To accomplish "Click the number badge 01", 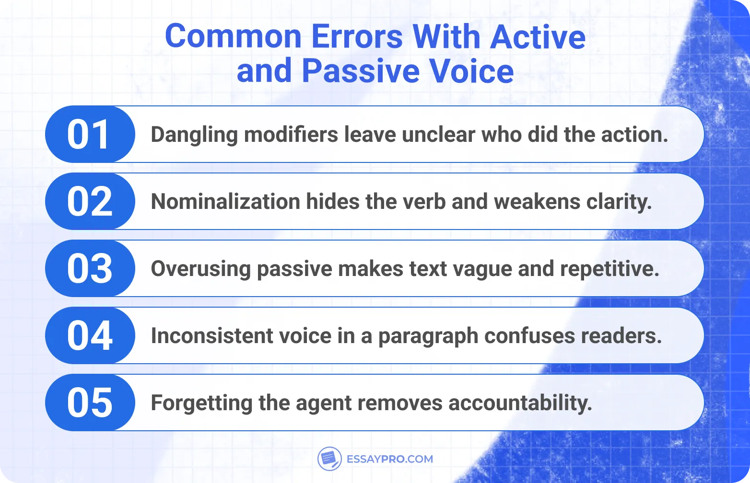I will click(90, 135).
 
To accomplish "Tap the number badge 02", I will click(90, 202).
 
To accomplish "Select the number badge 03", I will click(90, 269).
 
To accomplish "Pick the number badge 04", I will click(90, 336).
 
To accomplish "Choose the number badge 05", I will click(90, 403).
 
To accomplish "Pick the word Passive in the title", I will click(361, 71).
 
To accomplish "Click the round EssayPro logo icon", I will click(329, 459).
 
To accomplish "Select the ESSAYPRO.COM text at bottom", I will click(389, 459).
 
